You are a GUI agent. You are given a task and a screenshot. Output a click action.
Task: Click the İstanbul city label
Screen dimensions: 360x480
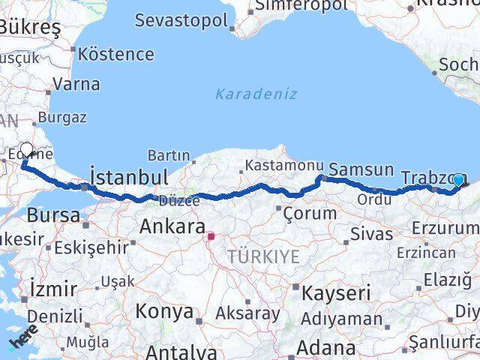click(x=128, y=177)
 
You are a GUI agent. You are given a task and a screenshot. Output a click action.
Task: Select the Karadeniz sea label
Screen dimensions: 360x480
click(x=256, y=94)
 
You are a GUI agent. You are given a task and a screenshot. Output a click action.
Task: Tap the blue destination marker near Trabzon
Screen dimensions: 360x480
click(x=458, y=180)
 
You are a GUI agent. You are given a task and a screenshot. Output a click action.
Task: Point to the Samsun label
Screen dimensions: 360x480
click(x=361, y=169)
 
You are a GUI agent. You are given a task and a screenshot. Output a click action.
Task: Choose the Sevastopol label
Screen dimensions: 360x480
click(x=181, y=19)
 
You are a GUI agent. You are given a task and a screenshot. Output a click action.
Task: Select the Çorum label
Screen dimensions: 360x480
click(x=310, y=213)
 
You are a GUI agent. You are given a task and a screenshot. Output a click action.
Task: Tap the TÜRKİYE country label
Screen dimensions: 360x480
click(x=263, y=256)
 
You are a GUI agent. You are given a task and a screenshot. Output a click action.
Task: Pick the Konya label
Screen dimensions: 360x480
click(x=164, y=312)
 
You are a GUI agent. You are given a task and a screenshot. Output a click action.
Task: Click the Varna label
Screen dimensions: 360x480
click(x=76, y=84)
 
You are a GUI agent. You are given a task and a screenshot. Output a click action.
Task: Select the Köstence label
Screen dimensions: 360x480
click(x=116, y=54)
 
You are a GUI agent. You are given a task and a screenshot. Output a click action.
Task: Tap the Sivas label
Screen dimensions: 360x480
click(x=371, y=234)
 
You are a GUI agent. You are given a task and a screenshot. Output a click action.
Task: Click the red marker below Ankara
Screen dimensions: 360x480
click(x=211, y=237)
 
